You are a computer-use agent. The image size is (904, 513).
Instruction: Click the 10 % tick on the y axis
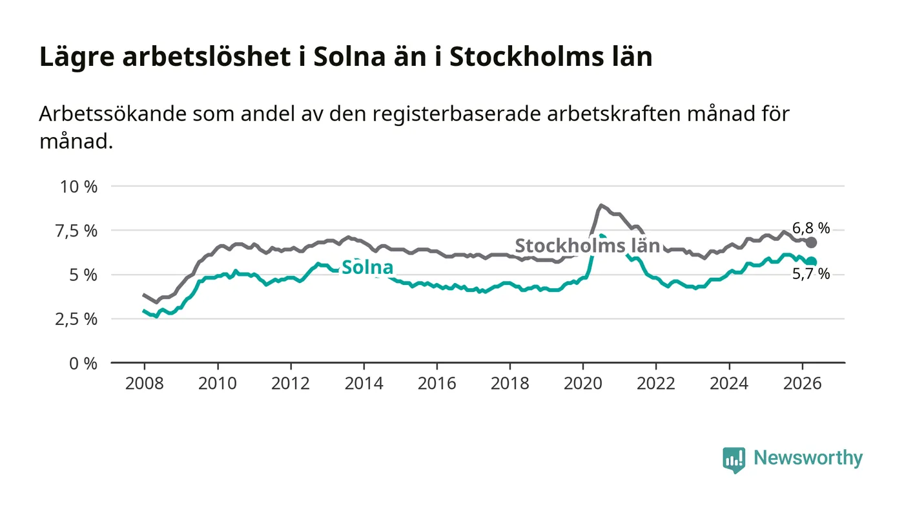pyautogui.click(x=79, y=187)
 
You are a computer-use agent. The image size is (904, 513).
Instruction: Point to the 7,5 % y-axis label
pyautogui.click(x=76, y=231)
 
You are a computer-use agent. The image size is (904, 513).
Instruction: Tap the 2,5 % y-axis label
pyautogui.click(x=76, y=320)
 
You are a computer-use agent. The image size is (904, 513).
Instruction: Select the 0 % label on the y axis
pyautogui.click(x=83, y=364)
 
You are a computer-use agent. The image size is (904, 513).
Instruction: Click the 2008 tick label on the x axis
pyautogui.click(x=145, y=383)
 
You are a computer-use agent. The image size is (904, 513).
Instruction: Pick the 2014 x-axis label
pyautogui.click(x=364, y=383)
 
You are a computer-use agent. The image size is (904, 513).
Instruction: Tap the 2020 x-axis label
pyautogui.click(x=582, y=383)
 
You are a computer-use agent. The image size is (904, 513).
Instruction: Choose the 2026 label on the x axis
pyautogui.click(x=802, y=383)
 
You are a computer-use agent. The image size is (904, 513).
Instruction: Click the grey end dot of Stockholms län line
pyautogui.click(x=811, y=243)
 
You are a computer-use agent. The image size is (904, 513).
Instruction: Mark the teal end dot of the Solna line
pyautogui.click(x=811, y=262)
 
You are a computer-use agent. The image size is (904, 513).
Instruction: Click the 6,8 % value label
pyautogui.click(x=811, y=229)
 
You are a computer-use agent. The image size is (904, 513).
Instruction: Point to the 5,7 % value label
pyautogui.click(x=811, y=275)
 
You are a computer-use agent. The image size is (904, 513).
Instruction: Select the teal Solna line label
pyautogui.click(x=367, y=267)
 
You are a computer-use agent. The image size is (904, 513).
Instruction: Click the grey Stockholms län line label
pyautogui.click(x=587, y=246)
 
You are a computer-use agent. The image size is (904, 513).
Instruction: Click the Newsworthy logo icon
pyautogui.click(x=734, y=460)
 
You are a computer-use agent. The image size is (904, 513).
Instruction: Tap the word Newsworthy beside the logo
pyautogui.click(x=808, y=458)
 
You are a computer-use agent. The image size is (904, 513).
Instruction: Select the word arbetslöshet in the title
pyautogui.click(x=207, y=57)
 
